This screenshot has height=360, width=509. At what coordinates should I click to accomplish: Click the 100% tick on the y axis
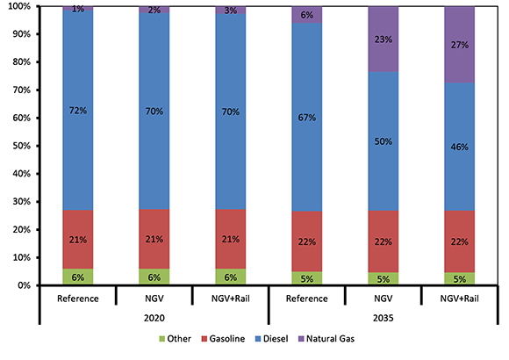(18, 6)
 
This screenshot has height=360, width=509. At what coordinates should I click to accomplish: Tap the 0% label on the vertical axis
(22, 285)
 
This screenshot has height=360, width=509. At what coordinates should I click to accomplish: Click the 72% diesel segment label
(78, 111)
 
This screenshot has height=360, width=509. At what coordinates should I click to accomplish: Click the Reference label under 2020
(78, 299)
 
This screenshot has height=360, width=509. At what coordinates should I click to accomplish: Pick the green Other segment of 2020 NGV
(154, 277)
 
